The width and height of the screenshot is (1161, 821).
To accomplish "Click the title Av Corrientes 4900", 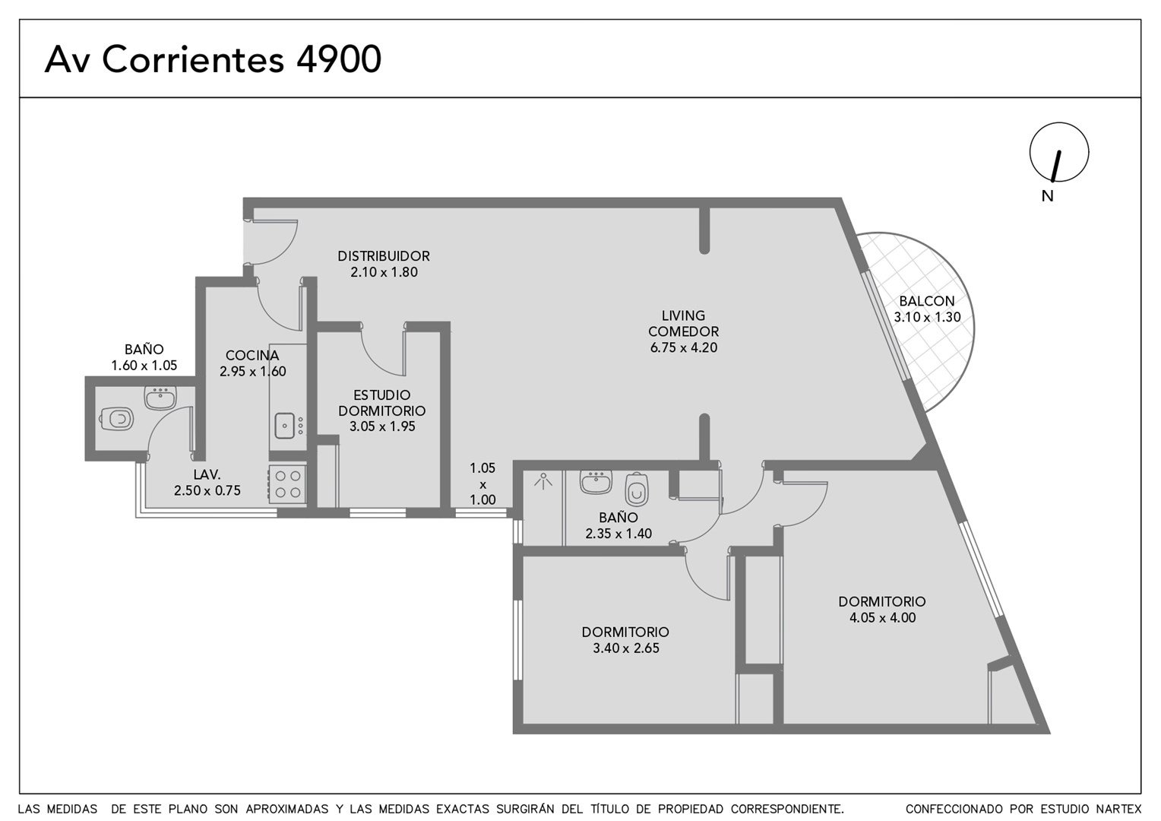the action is coord(213,59).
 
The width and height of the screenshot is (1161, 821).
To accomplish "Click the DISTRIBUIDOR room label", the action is coord(384,255).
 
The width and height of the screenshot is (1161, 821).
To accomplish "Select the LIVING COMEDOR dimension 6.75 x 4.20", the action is coord(684,347).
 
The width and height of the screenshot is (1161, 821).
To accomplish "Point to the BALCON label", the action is coord(927,301).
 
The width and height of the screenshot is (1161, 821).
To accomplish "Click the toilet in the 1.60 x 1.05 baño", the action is coord(116,419).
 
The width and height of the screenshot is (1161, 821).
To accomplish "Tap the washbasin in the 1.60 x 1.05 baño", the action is coord(160,398).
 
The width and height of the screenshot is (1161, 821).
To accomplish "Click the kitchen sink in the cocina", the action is coord(284,425).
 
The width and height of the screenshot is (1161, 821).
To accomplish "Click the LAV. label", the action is coord(207,474).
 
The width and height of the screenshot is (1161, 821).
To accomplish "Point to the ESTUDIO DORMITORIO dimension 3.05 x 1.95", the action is coord(382,426).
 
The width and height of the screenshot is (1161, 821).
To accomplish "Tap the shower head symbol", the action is coord(543,481).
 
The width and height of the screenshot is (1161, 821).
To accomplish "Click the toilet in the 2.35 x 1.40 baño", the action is coord(637,489).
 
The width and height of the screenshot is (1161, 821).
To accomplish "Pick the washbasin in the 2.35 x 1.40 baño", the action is coord(596,482).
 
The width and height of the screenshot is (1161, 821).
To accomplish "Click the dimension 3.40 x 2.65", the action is coord(626,648).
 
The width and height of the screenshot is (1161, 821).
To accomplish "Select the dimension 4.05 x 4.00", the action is coord(882,618).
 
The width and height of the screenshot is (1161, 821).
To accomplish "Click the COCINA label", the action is coord(252,355).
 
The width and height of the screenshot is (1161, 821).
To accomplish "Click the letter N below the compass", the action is coord(1048,196).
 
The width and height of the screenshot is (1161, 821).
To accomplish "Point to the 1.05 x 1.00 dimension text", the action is coord(482,484).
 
